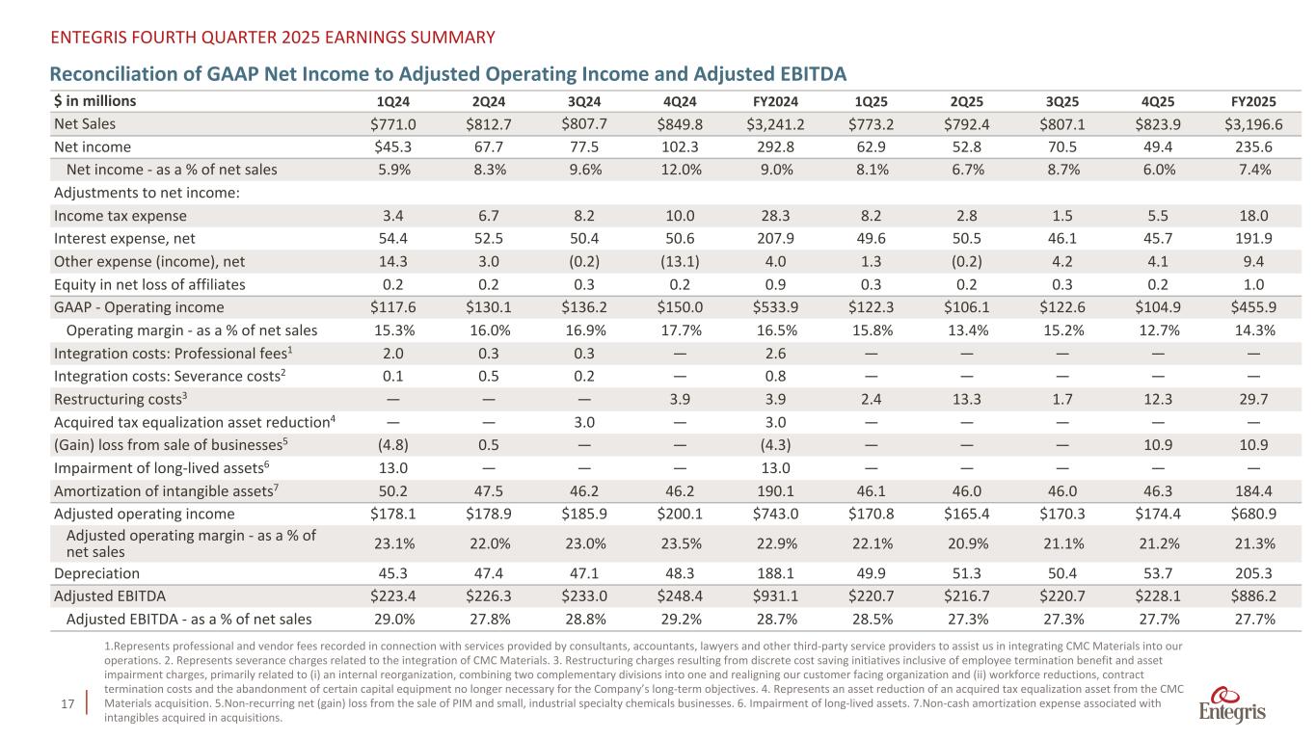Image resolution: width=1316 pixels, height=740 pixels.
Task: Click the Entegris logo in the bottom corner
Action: tap(1232, 706)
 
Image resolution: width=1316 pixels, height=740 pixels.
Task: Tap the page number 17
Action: tap(67, 708)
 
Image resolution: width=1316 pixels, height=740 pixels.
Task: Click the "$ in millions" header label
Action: tap(95, 100)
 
